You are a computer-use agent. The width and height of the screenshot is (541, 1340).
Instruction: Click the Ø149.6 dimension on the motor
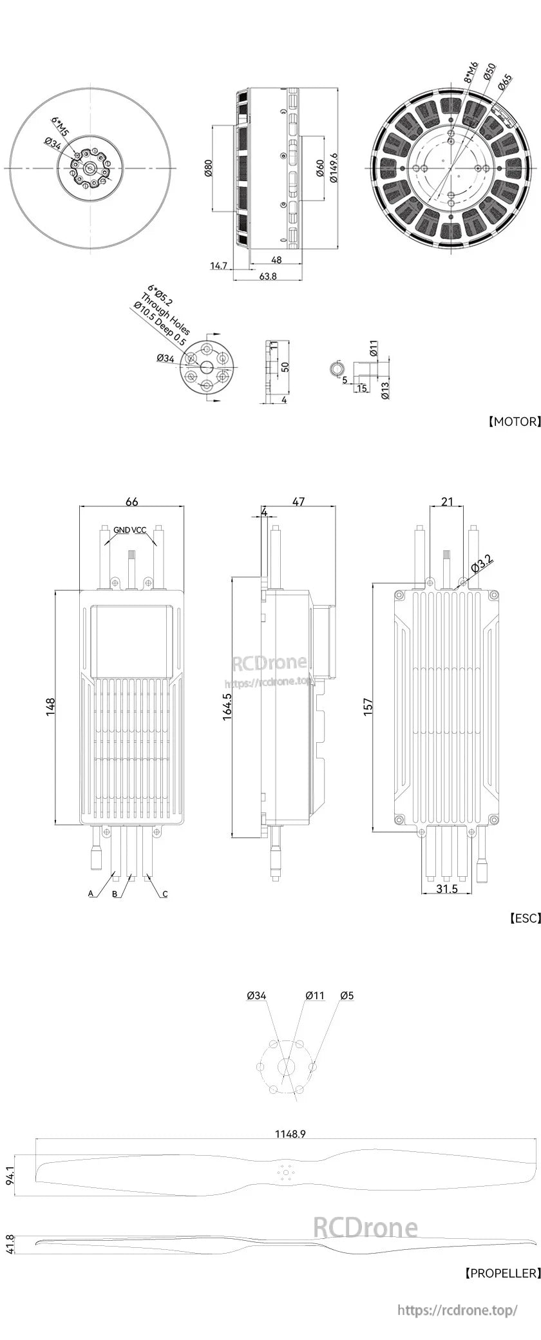333,169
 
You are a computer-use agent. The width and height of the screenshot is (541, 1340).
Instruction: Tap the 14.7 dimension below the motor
220,265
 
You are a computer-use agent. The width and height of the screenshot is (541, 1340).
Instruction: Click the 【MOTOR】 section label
514,422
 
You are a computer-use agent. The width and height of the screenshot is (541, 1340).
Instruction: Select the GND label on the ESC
122,530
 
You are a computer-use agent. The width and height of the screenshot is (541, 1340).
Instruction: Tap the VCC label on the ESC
139,530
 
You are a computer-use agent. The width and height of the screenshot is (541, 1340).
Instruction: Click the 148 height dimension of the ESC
51,706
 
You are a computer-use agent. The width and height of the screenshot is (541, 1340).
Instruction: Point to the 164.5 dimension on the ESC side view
227,707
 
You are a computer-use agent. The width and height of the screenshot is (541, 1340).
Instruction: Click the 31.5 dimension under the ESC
446,888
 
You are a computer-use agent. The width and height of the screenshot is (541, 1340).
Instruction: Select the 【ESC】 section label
524,918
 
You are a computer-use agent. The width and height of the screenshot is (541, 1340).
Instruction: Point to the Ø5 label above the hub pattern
346,995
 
